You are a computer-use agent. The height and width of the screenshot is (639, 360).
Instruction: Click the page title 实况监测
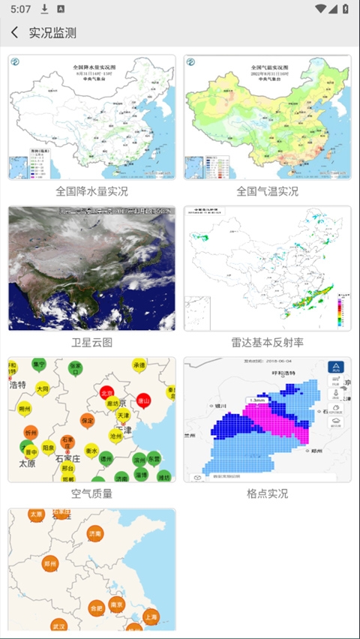click(x=52, y=33)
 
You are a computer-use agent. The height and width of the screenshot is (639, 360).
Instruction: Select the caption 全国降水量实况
click(x=91, y=191)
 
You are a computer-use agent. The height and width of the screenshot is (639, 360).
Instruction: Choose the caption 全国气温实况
click(x=267, y=191)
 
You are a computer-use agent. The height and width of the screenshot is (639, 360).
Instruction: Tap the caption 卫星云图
click(x=91, y=342)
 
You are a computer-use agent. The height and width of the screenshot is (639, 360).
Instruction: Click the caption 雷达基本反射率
click(x=267, y=342)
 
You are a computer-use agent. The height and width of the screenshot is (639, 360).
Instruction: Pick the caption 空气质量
click(x=91, y=493)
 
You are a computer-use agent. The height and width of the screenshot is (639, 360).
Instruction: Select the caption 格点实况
click(x=267, y=493)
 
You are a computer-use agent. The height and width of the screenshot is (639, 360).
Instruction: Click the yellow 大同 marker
click(x=43, y=389)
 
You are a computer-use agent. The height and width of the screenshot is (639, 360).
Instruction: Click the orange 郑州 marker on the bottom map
click(x=51, y=564)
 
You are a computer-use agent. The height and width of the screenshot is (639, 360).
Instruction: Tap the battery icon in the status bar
click(x=344, y=9)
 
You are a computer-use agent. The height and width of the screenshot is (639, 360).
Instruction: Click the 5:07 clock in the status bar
click(x=21, y=9)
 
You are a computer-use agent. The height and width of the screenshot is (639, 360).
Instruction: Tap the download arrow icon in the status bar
click(x=45, y=9)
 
